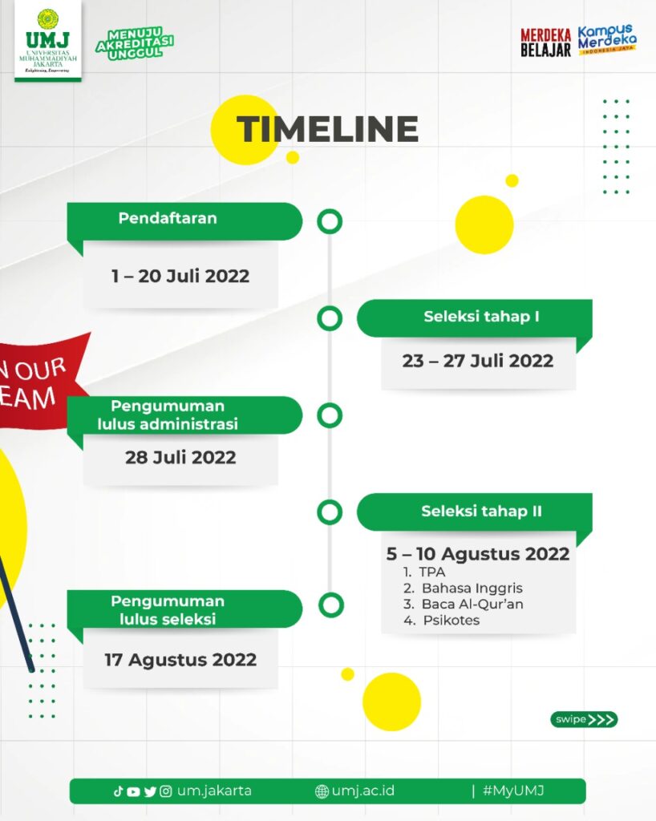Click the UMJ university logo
(47, 41)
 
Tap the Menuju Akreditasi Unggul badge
(135, 43)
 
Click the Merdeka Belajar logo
(545, 42)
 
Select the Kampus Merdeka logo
(607, 39)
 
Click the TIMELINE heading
(328, 129)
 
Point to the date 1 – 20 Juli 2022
(180, 276)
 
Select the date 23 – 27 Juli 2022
(477, 361)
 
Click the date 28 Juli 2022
(180, 457)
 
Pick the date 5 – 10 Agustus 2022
(477, 553)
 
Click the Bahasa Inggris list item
(463, 588)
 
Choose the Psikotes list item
(441, 620)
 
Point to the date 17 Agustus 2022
(180, 660)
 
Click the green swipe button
(584, 719)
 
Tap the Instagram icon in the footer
(165, 791)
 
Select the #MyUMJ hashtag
(513, 791)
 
